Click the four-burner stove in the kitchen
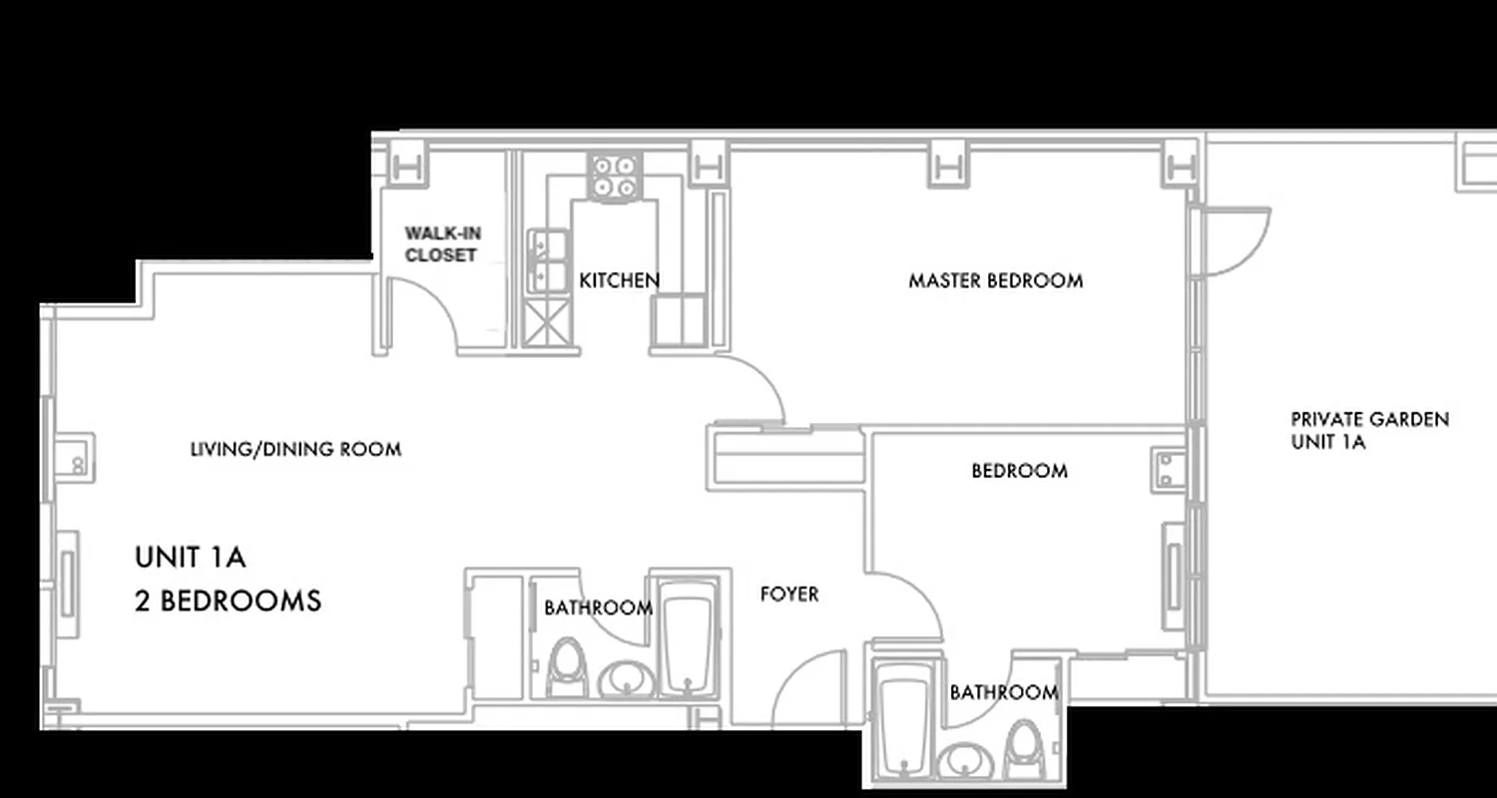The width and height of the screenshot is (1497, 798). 613,177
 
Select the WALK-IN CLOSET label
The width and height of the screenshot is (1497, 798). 442,244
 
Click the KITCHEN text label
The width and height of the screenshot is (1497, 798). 619,281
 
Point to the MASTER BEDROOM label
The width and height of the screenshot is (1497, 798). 995,281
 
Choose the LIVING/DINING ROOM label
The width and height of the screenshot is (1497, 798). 295,450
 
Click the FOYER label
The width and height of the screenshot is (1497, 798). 789,595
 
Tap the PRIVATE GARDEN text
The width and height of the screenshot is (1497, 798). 1369,420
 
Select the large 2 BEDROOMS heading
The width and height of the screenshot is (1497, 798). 229,601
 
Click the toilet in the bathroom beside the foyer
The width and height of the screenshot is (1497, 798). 567,668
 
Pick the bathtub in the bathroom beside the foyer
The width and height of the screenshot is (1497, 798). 687,643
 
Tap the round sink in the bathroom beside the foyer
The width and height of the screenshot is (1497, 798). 627,679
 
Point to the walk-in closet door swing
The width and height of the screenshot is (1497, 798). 424,311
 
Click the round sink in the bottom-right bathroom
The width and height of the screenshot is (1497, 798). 964,761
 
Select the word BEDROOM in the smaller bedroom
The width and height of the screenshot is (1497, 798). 1019,471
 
